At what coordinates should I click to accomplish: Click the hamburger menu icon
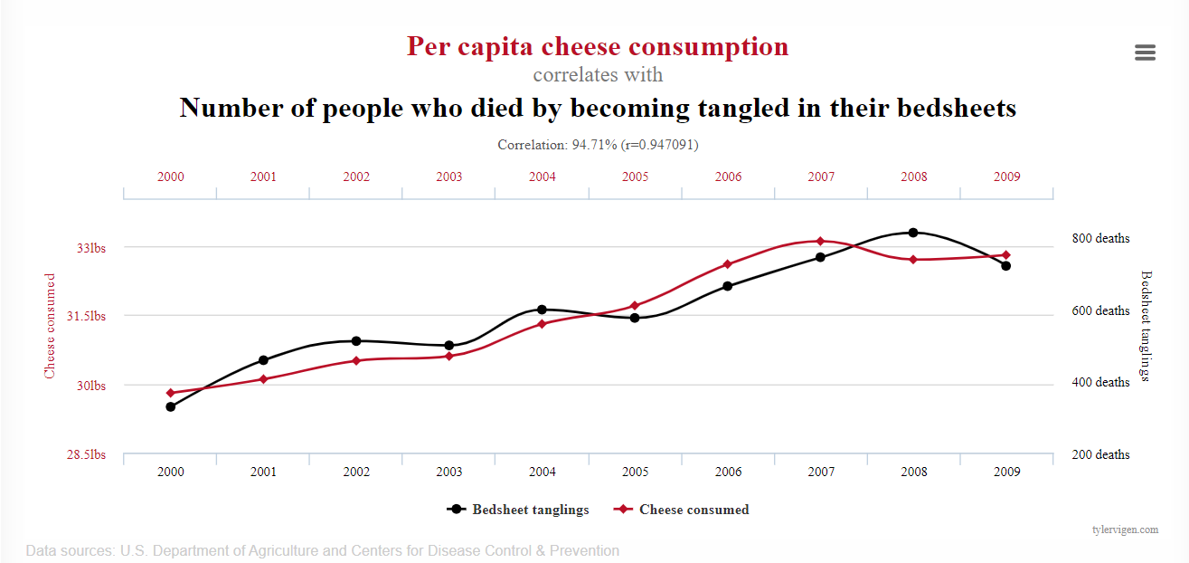[1145, 52]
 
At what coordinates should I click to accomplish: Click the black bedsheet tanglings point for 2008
[913, 233]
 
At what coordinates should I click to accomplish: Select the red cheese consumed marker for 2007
[820, 241]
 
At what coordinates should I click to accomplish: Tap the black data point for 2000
[170, 406]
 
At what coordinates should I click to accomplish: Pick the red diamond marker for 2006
[727, 264]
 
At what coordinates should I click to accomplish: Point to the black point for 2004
[542, 310]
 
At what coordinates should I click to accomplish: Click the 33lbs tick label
[90, 247]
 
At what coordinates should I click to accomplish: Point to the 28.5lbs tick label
[86, 454]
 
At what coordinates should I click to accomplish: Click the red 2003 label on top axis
[449, 177]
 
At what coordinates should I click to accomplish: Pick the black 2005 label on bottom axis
[635, 472]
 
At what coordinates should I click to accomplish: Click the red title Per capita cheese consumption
[597, 46]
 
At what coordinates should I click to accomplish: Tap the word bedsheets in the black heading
[957, 109]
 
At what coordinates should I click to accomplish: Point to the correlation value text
[598, 144]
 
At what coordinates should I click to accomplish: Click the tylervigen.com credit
[1125, 530]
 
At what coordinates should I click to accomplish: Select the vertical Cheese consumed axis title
[51, 326]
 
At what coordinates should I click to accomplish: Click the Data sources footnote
[323, 550]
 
